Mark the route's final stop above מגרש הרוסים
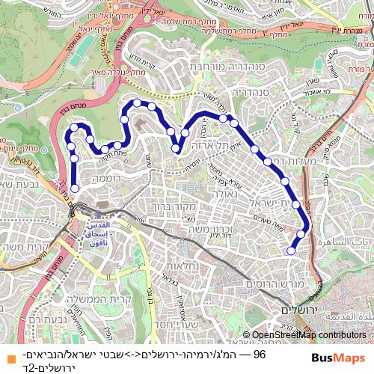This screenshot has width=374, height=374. (291, 251)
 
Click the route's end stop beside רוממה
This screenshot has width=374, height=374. (75, 188)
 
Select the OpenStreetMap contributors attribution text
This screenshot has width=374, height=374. (304, 335)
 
